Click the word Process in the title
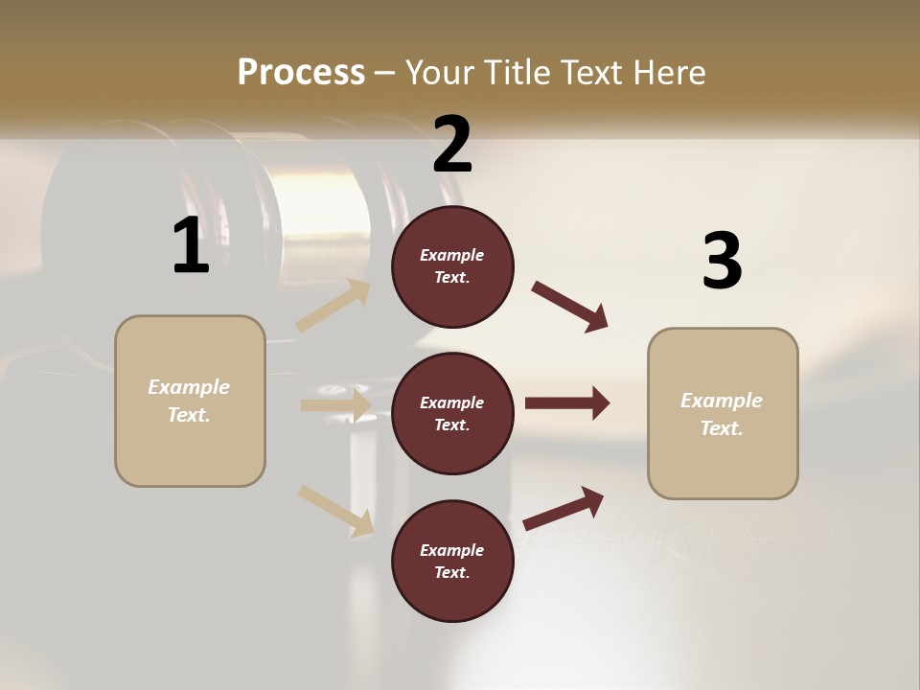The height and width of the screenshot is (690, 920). [x=301, y=72]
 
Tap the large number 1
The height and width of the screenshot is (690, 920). [x=191, y=245]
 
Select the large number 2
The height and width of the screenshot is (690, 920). [x=452, y=145]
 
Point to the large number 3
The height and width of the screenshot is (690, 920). [x=722, y=261]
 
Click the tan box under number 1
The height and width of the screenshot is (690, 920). [x=190, y=401]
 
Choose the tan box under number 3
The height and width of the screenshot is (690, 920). [x=723, y=414]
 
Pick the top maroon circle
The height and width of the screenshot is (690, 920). [x=452, y=266]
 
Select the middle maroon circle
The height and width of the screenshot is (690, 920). [x=452, y=414]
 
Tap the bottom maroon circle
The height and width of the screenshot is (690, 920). [x=452, y=562]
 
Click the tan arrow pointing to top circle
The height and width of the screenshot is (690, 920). [x=333, y=307]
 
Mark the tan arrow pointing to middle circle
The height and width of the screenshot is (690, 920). [x=335, y=405]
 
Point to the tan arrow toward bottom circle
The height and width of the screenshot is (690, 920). [x=335, y=511]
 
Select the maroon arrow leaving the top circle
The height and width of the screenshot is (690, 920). [x=569, y=307]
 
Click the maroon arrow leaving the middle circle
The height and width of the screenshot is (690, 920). [x=566, y=403]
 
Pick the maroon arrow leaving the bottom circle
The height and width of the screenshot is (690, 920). [x=563, y=508]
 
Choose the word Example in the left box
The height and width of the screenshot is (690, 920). [x=189, y=387]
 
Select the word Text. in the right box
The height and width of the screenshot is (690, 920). [x=722, y=428]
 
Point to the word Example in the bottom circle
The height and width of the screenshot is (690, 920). [x=452, y=550]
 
